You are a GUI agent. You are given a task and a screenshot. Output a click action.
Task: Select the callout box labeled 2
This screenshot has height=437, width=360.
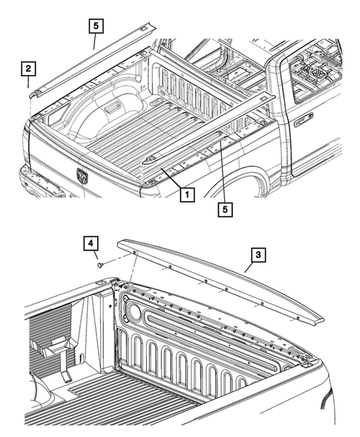coord(28,70)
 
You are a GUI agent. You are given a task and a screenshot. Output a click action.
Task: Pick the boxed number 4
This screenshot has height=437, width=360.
coord(90,243)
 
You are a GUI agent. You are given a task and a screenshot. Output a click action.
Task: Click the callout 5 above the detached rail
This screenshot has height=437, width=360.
coord(95,26)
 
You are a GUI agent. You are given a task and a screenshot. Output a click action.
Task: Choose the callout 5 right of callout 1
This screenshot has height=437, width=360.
coord(223,209)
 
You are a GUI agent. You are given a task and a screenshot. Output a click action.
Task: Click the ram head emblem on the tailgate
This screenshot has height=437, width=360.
coord(82,176)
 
